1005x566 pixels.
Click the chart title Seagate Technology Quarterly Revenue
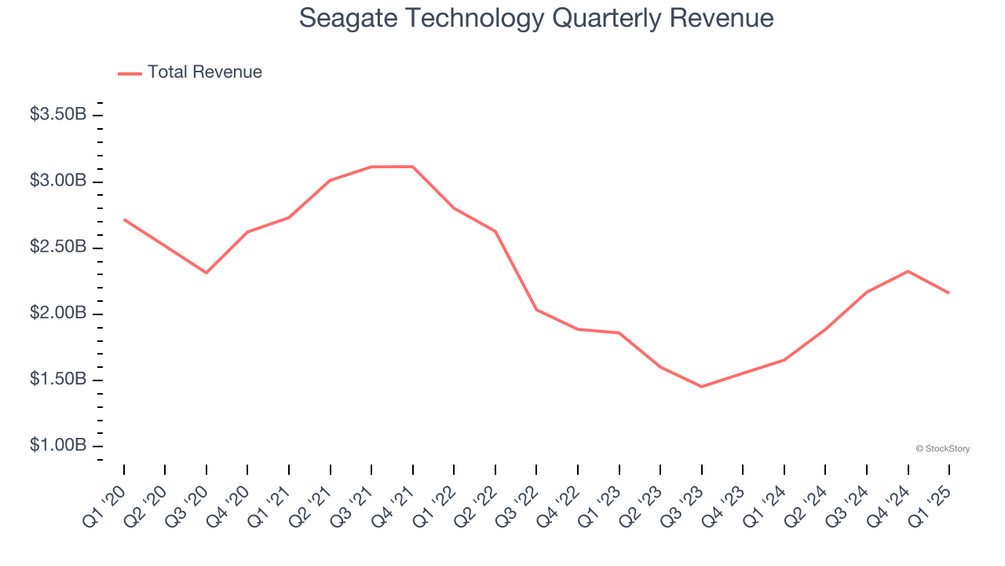coord(536,18)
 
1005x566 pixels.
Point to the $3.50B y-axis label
coord(58,115)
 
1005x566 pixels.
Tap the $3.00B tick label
coord(58,181)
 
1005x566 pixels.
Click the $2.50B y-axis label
coord(58,247)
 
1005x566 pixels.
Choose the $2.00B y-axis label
coord(58,313)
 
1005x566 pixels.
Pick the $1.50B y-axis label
coord(58,379)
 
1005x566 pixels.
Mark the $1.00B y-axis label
coord(58,445)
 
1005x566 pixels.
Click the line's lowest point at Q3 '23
coord(702,387)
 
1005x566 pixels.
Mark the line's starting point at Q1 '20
coord(124,219)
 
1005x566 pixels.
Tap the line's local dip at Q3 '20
coord(206,273)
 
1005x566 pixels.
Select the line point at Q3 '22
coord(536,310)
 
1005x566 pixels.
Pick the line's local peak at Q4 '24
coord(908,271)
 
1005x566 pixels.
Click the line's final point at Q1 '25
coord(949,293)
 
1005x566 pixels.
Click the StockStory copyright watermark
coord(942,449)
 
